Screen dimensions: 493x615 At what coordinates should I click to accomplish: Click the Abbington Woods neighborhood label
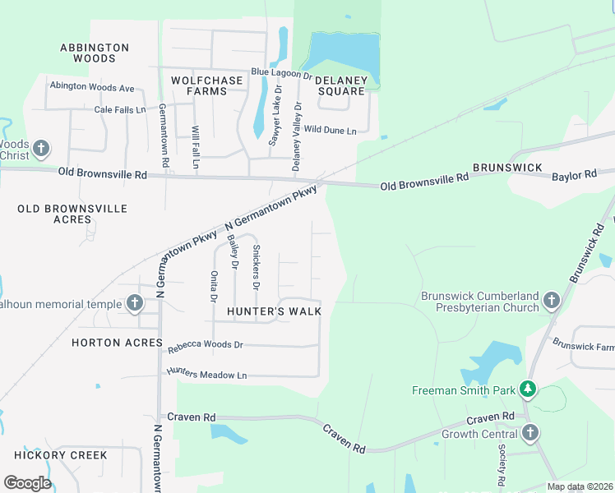(95, 53)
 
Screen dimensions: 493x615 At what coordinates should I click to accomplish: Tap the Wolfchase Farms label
(206, 85)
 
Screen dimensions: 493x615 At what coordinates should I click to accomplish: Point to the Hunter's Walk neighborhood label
(274, 311)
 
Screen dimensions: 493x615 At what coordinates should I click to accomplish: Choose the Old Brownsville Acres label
(72, 214)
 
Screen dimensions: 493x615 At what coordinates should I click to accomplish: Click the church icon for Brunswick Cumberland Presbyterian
(551, 302)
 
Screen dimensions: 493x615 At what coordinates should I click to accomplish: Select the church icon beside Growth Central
(530, 433)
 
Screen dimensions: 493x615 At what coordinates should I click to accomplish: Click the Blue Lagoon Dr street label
(276, 74)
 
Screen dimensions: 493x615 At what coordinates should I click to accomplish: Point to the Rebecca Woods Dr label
(206, 347)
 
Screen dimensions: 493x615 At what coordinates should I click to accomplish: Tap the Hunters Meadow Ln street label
(206, 375)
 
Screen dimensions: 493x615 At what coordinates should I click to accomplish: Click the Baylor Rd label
(574, 175)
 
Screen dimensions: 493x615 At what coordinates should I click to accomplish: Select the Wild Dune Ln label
(330, 130)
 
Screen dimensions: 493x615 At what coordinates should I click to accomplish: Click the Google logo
(27, 482)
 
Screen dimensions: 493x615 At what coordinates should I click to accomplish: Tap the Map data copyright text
(580, 486)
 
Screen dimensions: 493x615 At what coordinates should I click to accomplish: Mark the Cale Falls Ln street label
(120, 109)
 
